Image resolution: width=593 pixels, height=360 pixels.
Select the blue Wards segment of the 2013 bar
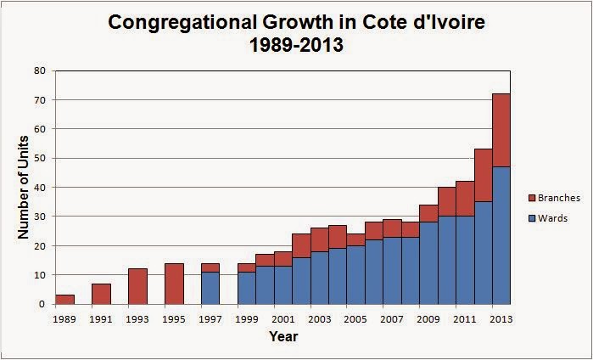tap(501, 235)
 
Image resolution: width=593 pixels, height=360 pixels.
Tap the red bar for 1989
tap(64, 299)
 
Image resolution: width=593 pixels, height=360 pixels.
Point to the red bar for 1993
tap(137, 286)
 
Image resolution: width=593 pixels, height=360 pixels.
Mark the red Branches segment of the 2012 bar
tap(482, 175)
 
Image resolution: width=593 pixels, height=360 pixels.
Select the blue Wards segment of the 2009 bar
tap(428, 263)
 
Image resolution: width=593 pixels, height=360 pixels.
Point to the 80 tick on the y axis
tap(40, 71)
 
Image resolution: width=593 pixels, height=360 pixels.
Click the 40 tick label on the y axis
tap(40, 188)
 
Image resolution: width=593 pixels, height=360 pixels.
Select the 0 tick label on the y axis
tap(42, 304)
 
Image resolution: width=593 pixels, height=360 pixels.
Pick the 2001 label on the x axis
tap(283, 319)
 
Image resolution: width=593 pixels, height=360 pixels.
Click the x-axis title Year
tap(283, 337)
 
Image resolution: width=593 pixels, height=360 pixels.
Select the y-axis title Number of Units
tap(23, 187)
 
